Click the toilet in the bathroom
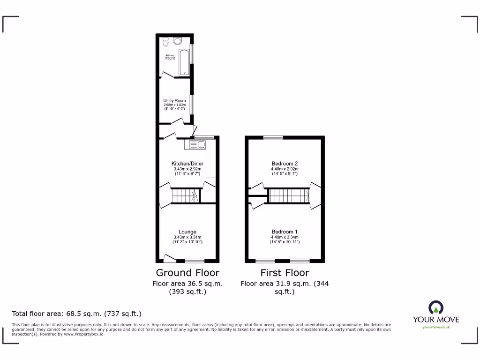(x=165, y=43)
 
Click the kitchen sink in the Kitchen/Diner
(x=195, y=145)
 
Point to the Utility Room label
(x=174, y=101)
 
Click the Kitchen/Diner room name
(x=187, y=164)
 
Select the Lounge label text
(x=187, y=232)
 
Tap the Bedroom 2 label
(x=285, y=164)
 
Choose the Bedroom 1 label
(x=285, y=232)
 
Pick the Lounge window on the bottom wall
(x=195, y=261)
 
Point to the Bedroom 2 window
(x=273, y=137)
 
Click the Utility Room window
(x=191, y=104)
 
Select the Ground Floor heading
(x=187, y=273)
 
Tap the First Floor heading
(x=285, y=273)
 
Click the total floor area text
(x=76, y=313)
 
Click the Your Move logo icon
(x=435, y=307)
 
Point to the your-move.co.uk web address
(x=436, y=327)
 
